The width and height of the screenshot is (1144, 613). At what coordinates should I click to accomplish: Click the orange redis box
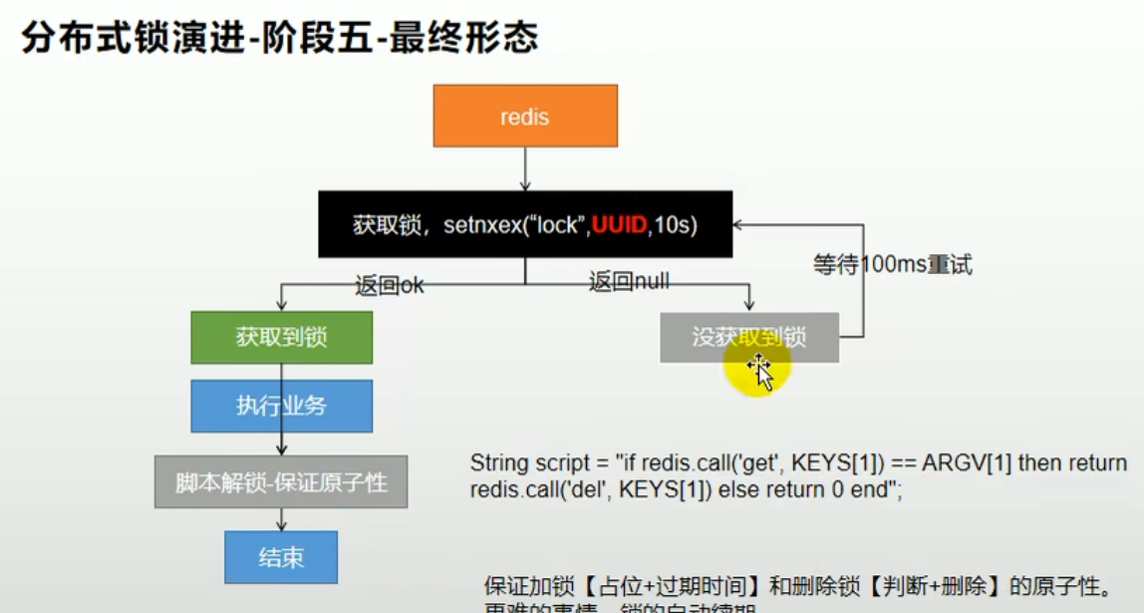click(x=524, y=116)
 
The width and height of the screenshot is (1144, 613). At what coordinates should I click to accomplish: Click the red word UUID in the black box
click(x=619, y=225)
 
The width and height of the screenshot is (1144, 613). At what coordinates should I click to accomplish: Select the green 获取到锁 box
click(x=281, y=337)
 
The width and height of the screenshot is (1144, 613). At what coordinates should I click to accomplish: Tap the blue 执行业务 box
click(x=281, y=406)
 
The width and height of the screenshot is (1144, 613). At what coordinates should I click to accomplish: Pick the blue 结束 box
click(x=281, y=557)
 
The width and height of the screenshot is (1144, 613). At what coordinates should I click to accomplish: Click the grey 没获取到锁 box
click(x=748, y=337)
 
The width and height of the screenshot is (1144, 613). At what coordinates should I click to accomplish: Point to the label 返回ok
click(x=389, y=285)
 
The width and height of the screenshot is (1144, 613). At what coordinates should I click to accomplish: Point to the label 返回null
click(x=628, y=282)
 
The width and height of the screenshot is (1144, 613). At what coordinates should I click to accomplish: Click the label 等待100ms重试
click(x=892, y=265)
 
